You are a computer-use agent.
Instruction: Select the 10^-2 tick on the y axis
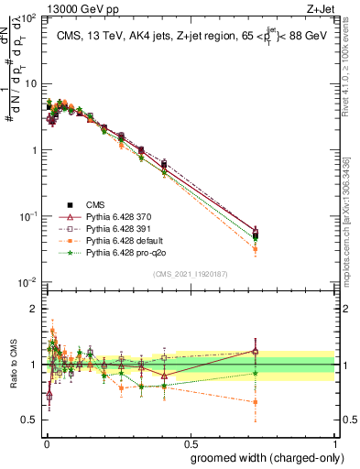click(x=28, y=281)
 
